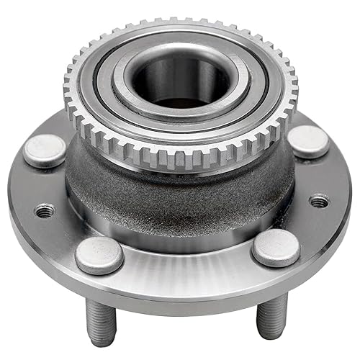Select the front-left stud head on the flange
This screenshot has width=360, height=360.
pos(99,254)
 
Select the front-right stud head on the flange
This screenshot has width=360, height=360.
pos(276,248)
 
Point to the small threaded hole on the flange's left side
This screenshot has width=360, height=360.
pos(45,211)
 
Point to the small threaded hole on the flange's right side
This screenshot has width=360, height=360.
pos(320,201)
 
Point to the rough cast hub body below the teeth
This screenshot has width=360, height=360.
pos(180,198)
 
